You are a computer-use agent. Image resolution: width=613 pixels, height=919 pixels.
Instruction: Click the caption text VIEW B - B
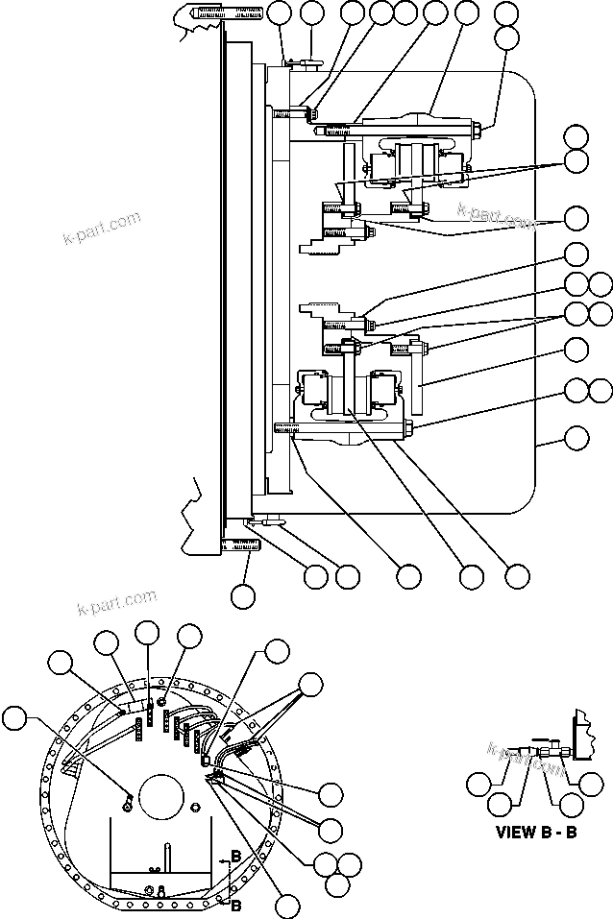535,832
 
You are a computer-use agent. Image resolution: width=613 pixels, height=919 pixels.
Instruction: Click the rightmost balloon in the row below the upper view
518,576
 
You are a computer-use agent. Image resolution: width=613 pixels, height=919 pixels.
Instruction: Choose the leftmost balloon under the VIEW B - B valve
478,784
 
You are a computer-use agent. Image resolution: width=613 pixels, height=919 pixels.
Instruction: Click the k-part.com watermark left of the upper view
101,228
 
